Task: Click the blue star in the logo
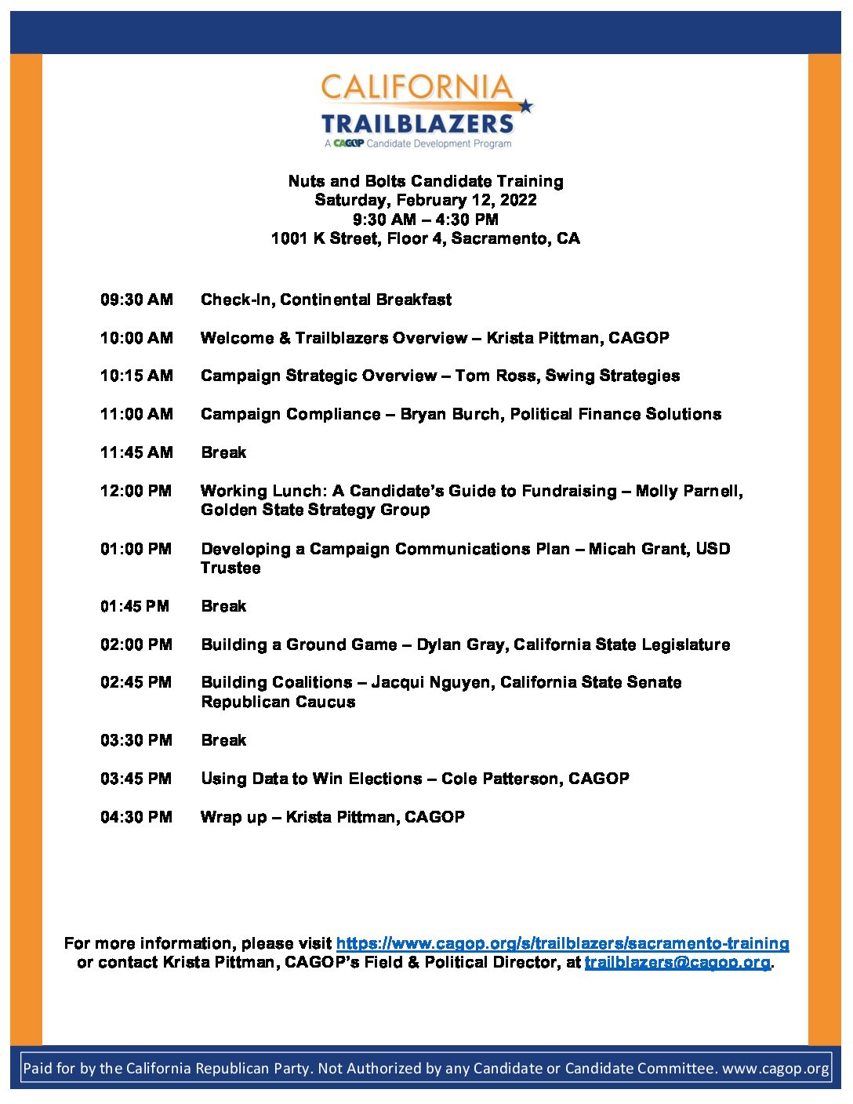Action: pos(525,106)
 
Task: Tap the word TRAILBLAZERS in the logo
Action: pos(417,124)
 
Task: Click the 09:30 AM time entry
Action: pos(136,300)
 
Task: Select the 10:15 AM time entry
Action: pos(136,376)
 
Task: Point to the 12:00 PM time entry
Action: pos(136,491)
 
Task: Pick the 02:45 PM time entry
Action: pos(136,682)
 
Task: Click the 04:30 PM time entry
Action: pos(136,817)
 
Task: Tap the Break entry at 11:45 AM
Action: pos(223,452)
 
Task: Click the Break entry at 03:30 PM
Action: pos(223,740)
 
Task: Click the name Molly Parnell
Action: pos(688,491)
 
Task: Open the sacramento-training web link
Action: pos(562,943)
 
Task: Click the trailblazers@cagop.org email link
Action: pos(677,962)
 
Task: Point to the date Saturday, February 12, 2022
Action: pos(426,200)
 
